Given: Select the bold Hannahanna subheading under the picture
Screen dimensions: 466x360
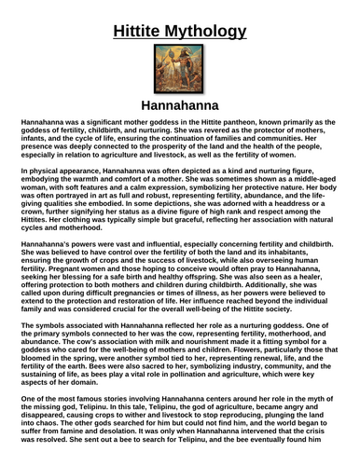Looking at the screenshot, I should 179,106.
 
